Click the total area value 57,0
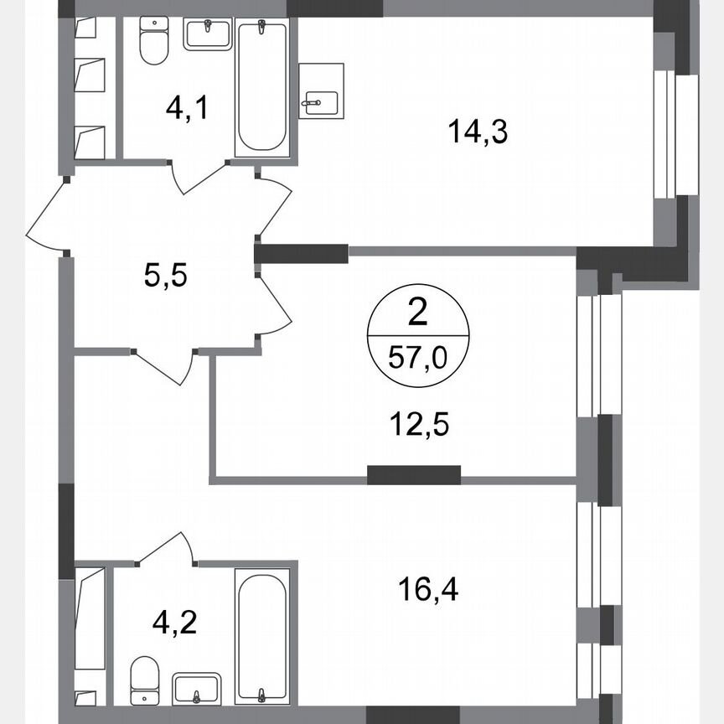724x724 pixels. pos(418,361)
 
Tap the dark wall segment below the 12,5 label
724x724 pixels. pos(413,474)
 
